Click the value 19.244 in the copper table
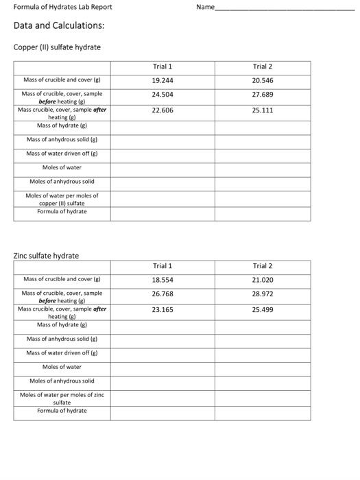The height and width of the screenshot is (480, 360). [163, 80]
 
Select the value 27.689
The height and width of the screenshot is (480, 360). [262, 94]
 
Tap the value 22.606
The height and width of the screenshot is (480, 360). [163, 110]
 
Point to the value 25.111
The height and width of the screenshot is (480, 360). [262, 110]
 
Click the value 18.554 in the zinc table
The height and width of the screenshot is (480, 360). [163, 280]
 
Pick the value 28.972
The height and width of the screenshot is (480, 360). [262, 293]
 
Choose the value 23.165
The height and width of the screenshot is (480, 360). [163, 310]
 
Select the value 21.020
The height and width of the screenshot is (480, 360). [262, 280]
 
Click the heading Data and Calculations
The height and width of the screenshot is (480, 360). [59, 25]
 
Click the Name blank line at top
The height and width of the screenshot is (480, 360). [285, 8]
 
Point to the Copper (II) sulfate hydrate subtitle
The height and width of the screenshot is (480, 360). [57, 47]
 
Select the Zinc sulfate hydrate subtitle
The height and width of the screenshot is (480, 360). [46, 256]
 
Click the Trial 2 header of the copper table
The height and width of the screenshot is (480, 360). [262, 67]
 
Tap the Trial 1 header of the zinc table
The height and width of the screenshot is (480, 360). [163, 266]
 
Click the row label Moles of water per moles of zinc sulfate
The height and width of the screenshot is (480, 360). [62, 398]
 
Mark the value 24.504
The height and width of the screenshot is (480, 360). [163, 94]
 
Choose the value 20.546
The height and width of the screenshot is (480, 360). [262, 80]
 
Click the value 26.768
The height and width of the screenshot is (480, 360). [163, 293]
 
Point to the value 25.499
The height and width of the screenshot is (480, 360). [262, 310]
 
